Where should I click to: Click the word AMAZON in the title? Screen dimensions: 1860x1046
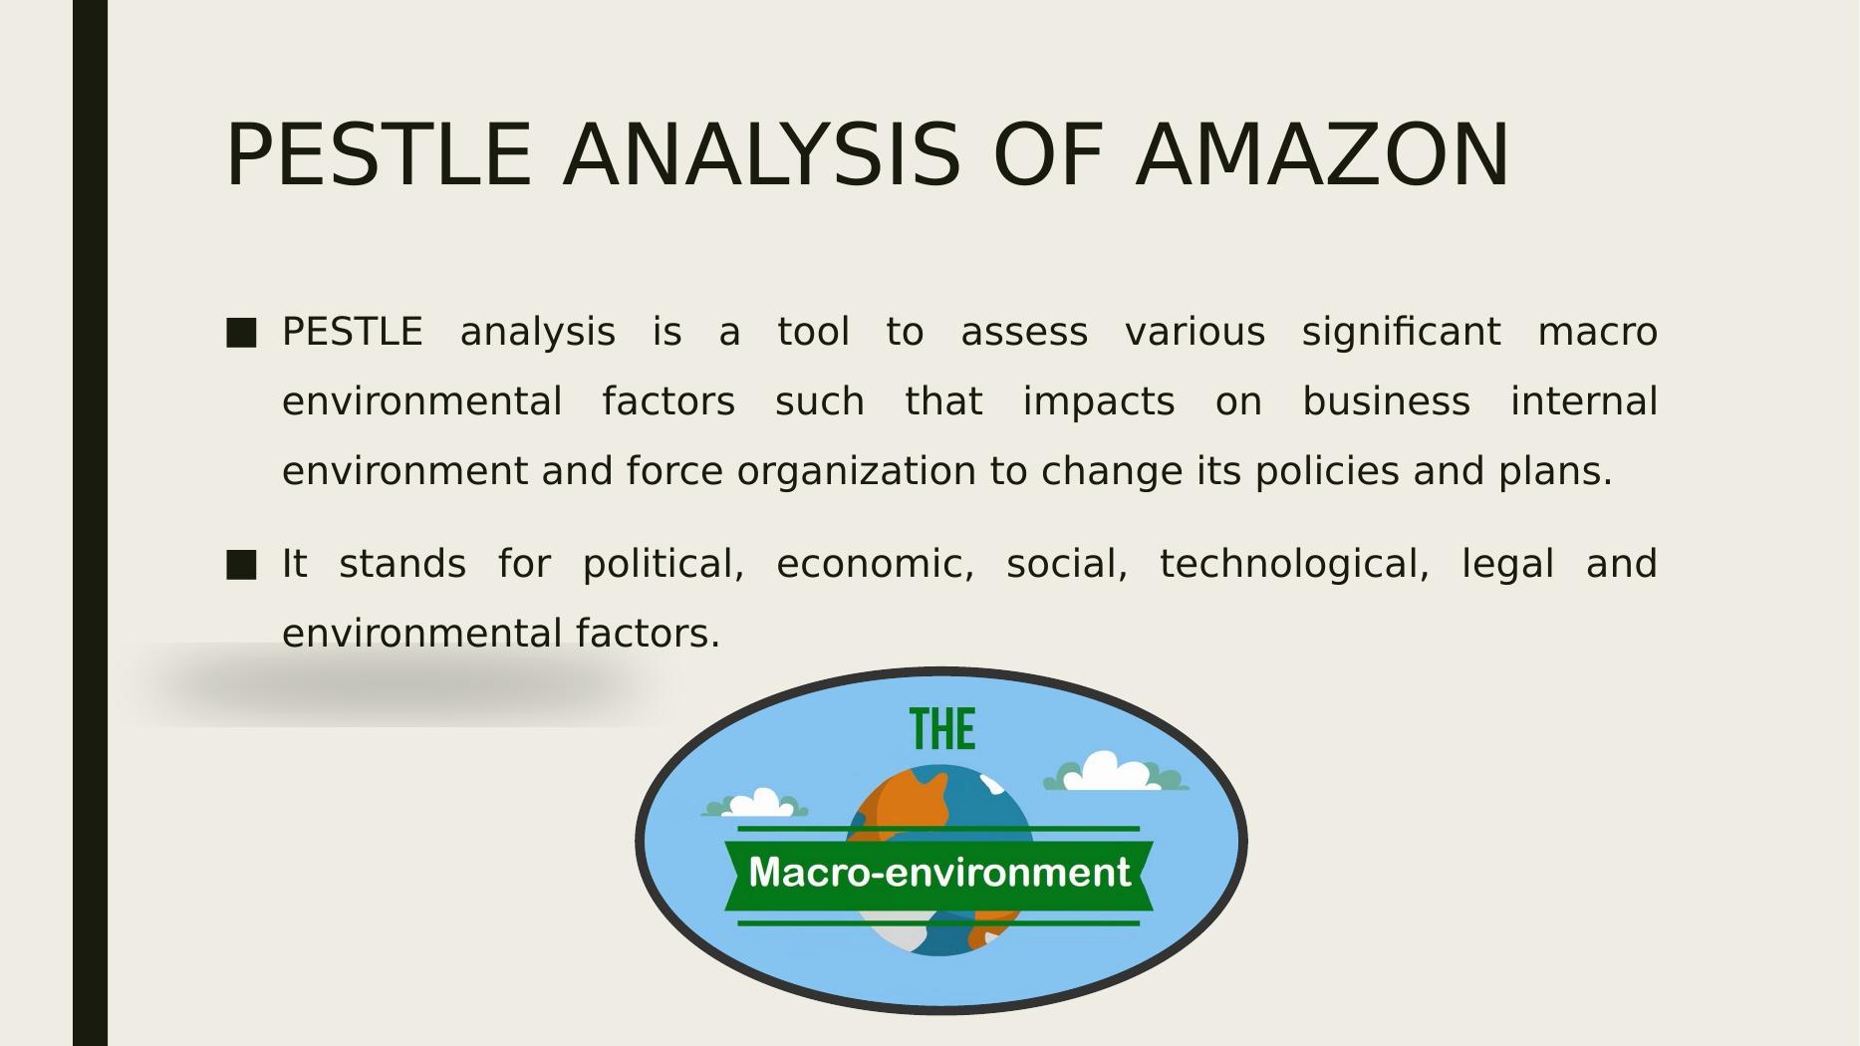pyautogui.click(x=1323, y=154)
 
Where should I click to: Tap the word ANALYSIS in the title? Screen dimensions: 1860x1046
pyautogui.click(x=762, y=154)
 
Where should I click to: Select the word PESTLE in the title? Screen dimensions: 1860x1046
pyautogui.click(x=379, y=154)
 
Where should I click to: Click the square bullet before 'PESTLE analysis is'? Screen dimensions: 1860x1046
pyautogui.click(x=241, y=333)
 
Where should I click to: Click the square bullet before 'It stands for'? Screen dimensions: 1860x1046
pyautogui.click(x=241, y=565)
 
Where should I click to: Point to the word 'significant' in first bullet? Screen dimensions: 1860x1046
pyautogui.click(x=1401, y=333)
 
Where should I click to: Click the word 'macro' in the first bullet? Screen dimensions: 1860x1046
pyautogui.click(x=1598, y=333)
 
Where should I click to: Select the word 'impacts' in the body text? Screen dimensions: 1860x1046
pyautogui.click(x=1099, y=402)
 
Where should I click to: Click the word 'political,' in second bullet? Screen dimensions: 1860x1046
pyautogui.click(x=664, y=564)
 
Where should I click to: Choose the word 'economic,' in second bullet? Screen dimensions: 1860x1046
pyautogui.click(x=876, y=565)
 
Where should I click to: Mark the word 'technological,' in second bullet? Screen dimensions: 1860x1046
pyautogui.click(x=1294, y=565)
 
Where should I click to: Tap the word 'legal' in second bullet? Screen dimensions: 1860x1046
pyautogui.click(x=1507, y=565)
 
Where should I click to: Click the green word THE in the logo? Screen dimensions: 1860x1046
pyautogui.click(x=942, y=729)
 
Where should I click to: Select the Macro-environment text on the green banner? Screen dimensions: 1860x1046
pyautogui.click(x=939, y=873)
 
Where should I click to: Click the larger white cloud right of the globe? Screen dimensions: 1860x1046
pyautogui.click(x=1115, y=772)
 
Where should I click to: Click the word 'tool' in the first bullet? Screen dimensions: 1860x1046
pyautogui.click(x=813, y=333)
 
